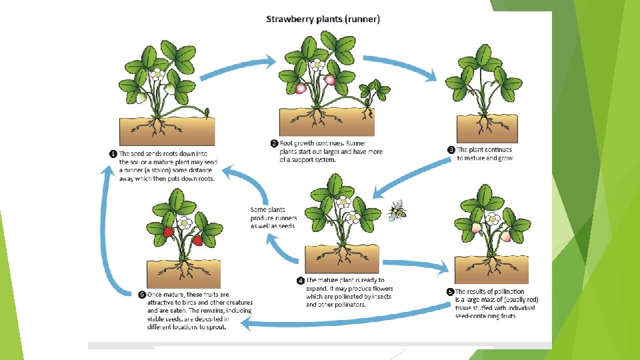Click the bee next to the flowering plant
(397, 211)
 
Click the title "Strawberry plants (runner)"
(323, 19)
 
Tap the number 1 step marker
(113, 153)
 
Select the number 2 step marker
(274, 143)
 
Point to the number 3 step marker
(451, 150)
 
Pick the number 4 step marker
(301, 281)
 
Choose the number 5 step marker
(449, 291)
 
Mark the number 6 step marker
(142, 294)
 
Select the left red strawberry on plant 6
(169, 233)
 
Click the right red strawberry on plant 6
(197, 240)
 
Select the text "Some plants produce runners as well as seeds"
(272, 218)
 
